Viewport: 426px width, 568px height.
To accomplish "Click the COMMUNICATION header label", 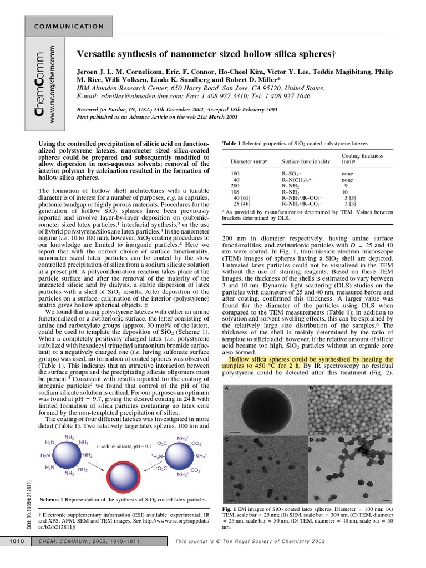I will click(x=69, y=27).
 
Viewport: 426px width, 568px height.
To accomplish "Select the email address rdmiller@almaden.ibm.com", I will click(x=143, y=96).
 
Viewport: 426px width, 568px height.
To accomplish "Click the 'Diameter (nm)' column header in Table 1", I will click(x=247, y=162).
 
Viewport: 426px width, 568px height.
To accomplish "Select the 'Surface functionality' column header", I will click(x=306, y=162).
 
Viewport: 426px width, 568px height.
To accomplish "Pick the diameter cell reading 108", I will click(x=236, y=192).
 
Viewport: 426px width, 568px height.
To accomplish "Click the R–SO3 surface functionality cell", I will click(x=292, y=174).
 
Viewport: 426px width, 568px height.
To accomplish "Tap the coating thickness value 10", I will click(x=345, y=192).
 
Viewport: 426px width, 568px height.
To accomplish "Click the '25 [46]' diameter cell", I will click(x=241, y=204).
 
